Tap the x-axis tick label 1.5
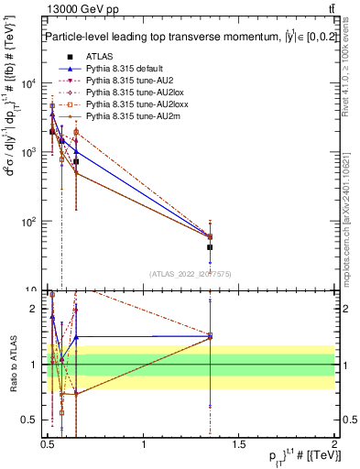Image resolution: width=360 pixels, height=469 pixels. coord(240,444)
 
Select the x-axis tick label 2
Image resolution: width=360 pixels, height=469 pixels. coord(334,444)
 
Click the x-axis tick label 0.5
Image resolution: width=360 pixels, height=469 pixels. coord(48,444)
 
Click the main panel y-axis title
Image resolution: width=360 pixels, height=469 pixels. coord(13,156)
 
